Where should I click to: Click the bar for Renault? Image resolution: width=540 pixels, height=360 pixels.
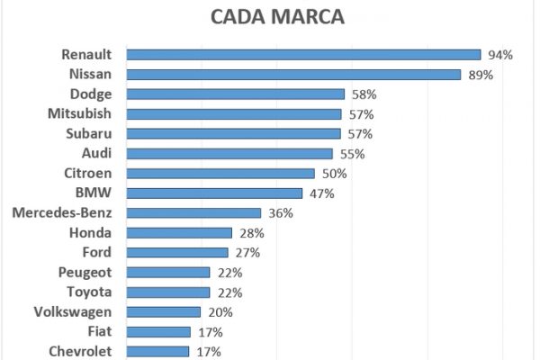click(x=303, y=55)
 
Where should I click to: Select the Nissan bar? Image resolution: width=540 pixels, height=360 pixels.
click(x=293, y=75)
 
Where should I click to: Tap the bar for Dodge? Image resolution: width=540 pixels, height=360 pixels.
click(x=236, y=94)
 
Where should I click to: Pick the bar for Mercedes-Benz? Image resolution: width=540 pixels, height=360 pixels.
click(x=193, y=213)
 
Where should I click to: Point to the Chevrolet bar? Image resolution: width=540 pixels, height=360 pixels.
click(x=157, y=351)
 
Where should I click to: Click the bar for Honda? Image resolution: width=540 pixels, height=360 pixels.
click(x=179, y=233)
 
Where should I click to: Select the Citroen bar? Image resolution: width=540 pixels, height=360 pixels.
click(x=220, y=173)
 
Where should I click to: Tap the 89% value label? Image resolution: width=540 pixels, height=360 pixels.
click(x=480, y=75)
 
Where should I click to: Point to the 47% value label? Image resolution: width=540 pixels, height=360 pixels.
click(x=321, y=193)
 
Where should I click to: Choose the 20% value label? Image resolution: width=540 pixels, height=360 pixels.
click(x=220, y=312)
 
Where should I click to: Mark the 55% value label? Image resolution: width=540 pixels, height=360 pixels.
click(x=352, y=154)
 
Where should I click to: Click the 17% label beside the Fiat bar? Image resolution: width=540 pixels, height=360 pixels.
click(x=208, y=332)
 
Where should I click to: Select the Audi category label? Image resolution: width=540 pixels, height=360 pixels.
click(x=96, y=153)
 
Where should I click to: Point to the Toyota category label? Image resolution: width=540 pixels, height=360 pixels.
click(x=89, y=292)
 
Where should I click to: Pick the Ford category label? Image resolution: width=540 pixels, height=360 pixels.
click(x=96, y=252)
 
